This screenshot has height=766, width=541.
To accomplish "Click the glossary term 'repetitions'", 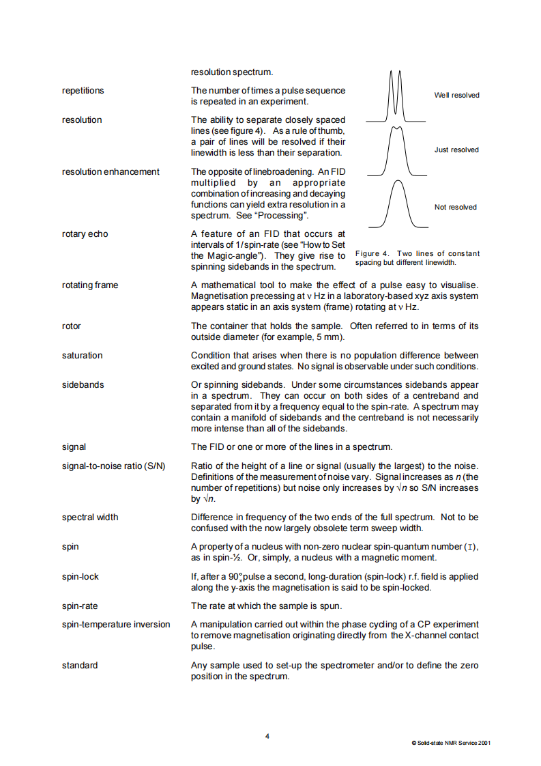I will click(83, 90).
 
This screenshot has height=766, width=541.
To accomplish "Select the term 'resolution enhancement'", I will click(111, 171).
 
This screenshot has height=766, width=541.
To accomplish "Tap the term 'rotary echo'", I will click(85, 234).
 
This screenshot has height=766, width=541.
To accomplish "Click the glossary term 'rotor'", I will click(72, 326).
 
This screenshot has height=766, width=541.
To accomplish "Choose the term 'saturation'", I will click(82, 355).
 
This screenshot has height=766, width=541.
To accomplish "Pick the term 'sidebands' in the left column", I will click(83, 384).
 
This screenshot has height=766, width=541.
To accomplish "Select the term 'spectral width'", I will click(90, 517).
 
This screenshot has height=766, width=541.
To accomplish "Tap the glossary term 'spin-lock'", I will click(80, 576).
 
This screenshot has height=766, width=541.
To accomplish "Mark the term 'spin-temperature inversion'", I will click(116, 624).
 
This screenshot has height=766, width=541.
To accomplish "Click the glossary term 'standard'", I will click(80, 665).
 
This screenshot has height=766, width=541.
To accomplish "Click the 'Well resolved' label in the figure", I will click(456, 95).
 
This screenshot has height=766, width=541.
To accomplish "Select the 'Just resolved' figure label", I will click(456, 150).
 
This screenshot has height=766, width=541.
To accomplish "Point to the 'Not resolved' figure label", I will click(456, 207).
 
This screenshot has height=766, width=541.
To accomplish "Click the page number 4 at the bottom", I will click(267, 736).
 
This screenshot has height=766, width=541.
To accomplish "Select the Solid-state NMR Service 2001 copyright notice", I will click(450, 743).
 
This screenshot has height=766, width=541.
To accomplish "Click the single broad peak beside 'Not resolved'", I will click(393, 205).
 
